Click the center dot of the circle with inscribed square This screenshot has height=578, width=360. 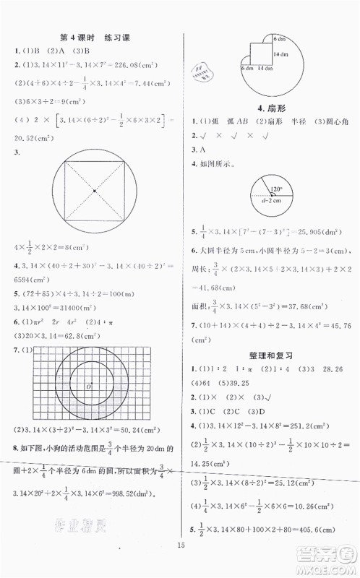click(x=93, y=191)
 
